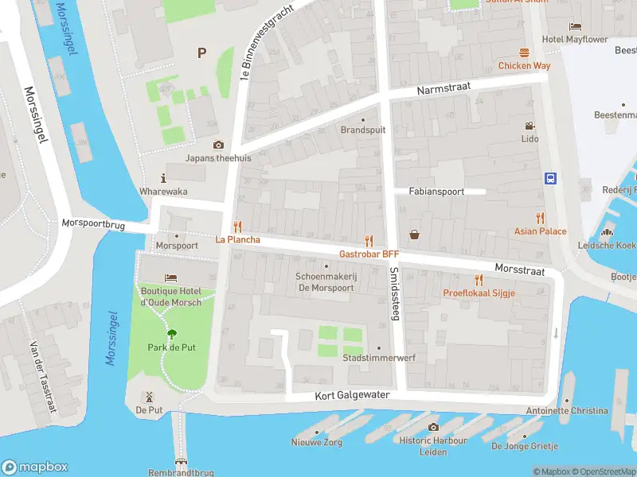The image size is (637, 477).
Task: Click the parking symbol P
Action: coord(201,53)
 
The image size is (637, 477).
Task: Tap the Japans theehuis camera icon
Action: coord(218,145)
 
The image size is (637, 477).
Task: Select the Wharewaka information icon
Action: coord(164,178)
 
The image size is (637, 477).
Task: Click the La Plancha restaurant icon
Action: coord(236,227)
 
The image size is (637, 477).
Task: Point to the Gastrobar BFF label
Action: coord(369,254)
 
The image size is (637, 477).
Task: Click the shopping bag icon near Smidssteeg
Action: coord(415,234)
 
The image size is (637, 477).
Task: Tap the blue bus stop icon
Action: coord(550,178)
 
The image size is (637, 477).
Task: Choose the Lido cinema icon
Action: coord(530,126)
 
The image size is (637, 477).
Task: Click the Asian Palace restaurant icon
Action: coord(541,218)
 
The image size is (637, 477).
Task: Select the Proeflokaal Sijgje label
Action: coord(479,293)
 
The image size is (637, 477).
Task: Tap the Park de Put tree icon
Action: coord(171,334)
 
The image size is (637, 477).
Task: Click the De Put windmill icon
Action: coord(149,396)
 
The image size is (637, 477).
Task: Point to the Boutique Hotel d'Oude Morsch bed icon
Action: coord(171,277)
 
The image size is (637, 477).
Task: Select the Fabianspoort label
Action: coord(436,192)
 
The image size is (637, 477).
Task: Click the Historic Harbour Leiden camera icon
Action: coord(433,427)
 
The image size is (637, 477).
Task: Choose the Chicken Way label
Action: coord(525,66)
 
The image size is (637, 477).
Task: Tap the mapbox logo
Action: coord(35,467)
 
